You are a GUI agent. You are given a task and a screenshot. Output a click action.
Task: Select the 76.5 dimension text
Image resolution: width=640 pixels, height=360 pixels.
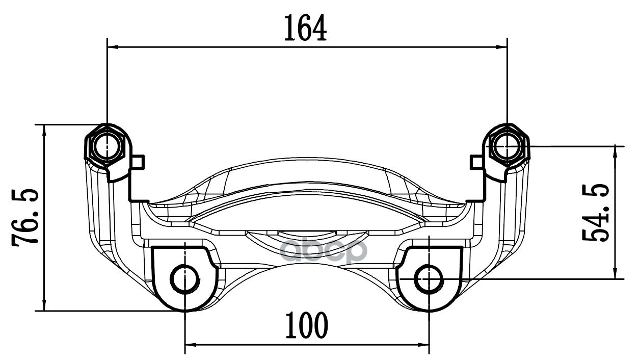(25, 218)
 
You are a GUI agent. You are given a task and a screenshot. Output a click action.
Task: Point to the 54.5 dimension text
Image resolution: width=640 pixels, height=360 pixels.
(596, 213)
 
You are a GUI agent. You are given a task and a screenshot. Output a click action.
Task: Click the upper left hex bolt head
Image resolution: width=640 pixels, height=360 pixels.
(106, 147)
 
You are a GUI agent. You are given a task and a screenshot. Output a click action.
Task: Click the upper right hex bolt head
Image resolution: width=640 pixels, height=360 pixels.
(507, 146)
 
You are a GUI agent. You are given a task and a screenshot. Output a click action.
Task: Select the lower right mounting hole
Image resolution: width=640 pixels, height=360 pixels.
(429, 279)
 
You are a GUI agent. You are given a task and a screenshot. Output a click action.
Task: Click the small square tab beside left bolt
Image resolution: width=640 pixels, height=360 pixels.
(139, 162)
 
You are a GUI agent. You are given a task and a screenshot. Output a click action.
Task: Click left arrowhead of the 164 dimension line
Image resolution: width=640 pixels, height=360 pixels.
(113, 47)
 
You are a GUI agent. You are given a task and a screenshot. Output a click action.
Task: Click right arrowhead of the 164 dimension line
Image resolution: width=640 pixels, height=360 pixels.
(502, 47)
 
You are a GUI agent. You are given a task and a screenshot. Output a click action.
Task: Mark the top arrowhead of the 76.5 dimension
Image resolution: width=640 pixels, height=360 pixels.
(45, 130)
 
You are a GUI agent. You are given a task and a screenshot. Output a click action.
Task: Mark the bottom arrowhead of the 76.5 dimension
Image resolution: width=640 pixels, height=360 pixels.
(45, 305)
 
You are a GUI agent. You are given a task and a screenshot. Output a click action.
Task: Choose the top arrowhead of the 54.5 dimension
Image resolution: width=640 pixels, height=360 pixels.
(617, 151)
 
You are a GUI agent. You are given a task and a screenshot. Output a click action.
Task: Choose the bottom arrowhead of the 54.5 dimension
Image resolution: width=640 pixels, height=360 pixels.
(617, 273)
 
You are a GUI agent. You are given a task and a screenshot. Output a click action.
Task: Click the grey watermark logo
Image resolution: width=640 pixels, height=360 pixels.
(322, 250)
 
